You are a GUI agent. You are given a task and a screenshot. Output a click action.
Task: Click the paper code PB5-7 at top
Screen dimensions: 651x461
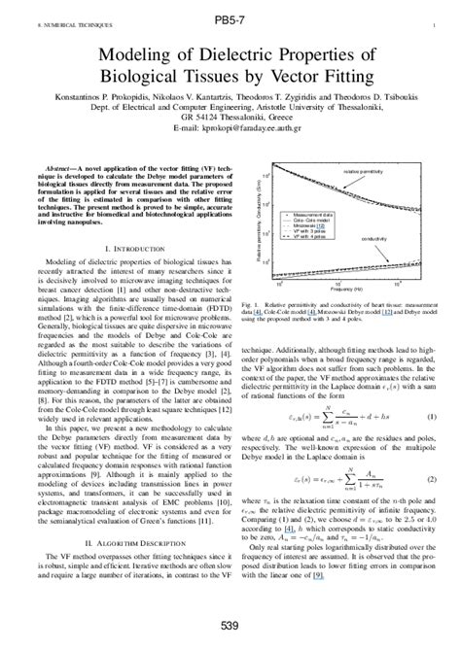click(230, 18)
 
